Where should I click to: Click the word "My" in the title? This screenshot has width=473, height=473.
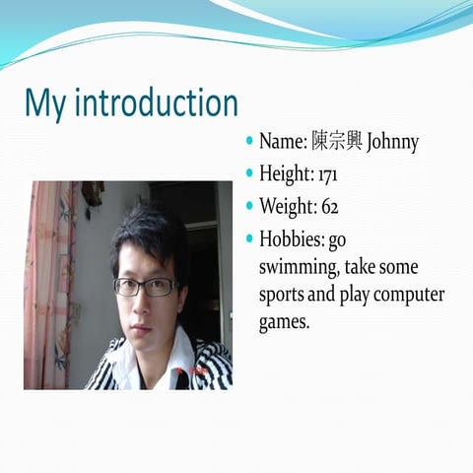pyautogui.click(x=46, y=104)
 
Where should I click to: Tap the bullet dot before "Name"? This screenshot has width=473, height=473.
pyautogui.click(x=250, y=142)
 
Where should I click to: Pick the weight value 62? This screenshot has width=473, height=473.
pyautogui.click(x=328, y=207)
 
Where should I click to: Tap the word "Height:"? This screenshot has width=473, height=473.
pyautogui.click(x=286, y=175)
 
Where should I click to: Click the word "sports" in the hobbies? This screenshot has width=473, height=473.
pyautogui.click(x=284, y=296)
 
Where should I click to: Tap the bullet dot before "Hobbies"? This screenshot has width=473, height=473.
pyautogui.click(x=250, y=238)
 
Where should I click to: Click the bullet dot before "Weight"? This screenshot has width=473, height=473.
pyautogui.click(x=250, y=206)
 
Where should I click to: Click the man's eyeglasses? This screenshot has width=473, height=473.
pyautogui.click(x=146, y=287)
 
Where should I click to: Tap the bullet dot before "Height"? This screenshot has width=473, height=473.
pyautogui.click(x=250, y=173)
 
